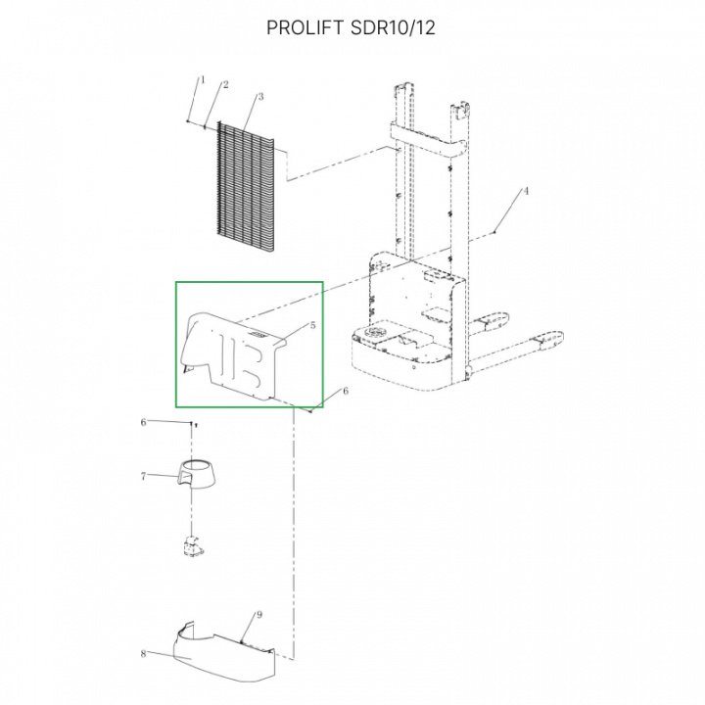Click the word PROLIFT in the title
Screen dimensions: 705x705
pos(305,27)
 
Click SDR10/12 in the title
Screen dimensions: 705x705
pos(393,27)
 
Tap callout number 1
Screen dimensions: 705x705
pos(203,79)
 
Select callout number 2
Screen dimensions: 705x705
pos(226,84)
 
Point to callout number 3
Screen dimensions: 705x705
pos(260,97)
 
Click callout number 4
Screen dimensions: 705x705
pos(526,191)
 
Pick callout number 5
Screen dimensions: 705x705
pos(313,325)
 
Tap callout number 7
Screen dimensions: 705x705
pos(143,476)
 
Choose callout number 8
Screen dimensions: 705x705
pos(143,653)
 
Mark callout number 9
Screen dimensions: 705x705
pos(259,615)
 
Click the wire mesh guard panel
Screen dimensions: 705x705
pos(246,186)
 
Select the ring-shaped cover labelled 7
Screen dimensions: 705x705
pos(196,475)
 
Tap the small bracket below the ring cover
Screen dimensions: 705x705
pos(193,545)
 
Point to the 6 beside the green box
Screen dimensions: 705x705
pos(346,391)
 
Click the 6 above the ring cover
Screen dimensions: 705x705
pos(143,422)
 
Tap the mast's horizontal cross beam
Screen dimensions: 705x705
pos(428,140)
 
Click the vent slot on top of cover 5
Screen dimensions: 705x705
pos(258,335)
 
